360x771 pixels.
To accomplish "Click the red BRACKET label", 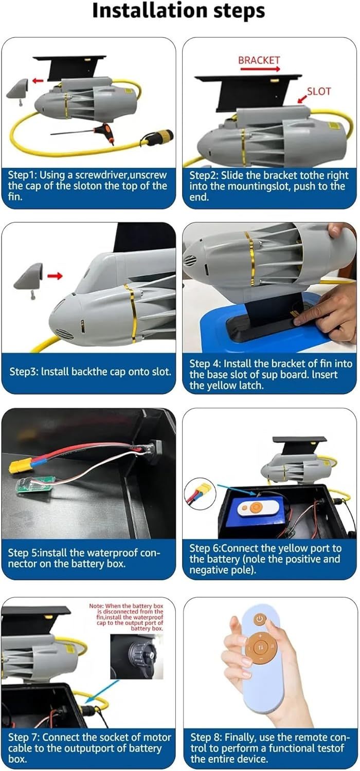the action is coord(259,60).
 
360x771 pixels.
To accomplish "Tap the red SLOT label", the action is coord(319,91).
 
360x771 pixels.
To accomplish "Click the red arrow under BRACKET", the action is coord(260,69).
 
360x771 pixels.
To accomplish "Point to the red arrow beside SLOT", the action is coord(302,99).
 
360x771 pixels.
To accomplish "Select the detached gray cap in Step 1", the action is coord(18,89).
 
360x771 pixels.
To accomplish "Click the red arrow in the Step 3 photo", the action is coord(55,276).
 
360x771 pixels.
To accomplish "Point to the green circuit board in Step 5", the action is coord(35,485).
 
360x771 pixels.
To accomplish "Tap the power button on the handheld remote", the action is coord(260,619).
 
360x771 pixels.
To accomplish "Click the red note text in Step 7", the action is coord(126,617).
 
